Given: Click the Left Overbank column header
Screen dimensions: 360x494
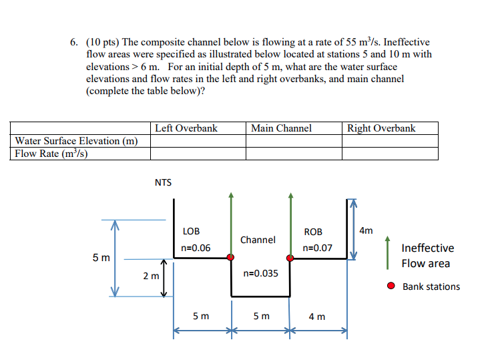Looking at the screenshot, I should click(x=186, y=128).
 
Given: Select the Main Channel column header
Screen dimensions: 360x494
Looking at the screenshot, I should click(x=281, y=128).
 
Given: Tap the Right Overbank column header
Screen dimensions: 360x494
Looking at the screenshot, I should click(x=381, y=128).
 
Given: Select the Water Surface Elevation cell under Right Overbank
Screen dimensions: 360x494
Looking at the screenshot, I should click(x=390, y=141).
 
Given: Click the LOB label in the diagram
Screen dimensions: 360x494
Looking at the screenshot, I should click(x=191, y=231).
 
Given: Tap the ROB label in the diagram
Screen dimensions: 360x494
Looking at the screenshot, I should click(x=313, y=232).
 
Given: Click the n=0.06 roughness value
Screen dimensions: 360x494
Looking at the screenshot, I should click(x=196, y=248).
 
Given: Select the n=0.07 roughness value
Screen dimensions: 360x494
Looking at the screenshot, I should click(x=317, y=248).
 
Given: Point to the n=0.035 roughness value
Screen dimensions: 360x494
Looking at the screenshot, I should click(x=261, y=273).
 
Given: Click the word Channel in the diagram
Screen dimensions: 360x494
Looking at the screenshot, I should click(x=258, y=239).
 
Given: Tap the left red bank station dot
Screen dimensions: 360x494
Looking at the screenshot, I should click(x=230, y=257).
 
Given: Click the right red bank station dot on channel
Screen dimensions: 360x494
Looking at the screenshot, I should click(x=290, y=257).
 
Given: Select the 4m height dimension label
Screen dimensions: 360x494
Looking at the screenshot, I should click(x=366, y=231).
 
